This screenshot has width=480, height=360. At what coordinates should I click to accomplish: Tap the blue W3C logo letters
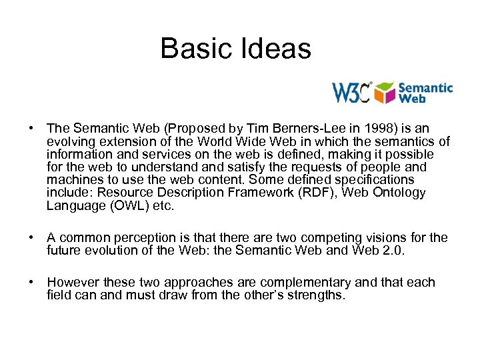tap(352, 93)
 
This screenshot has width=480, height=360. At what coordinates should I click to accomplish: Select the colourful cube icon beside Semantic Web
tap(385, 93)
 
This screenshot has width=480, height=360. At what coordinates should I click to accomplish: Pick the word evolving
tap(71, 141)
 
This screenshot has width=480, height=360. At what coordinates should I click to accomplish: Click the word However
tap(73, 283)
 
